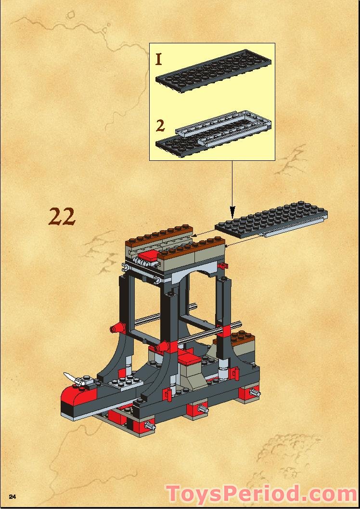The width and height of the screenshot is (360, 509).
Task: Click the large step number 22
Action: click(x=62, y=217)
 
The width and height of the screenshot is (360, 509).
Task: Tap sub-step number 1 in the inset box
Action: click(x=159, y=59)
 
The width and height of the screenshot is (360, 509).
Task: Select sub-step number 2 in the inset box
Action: click(x=160, y=126)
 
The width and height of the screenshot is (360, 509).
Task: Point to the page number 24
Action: click(x=13, y=496)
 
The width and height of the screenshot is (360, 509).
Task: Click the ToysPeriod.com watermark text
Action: click(x=262, y=494)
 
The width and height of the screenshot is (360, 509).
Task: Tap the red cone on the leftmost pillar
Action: click(x=117, y=328)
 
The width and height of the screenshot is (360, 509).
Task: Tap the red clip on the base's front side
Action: click(x=168, y=393)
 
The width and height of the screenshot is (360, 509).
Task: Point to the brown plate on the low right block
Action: click(x=242, y=337)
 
